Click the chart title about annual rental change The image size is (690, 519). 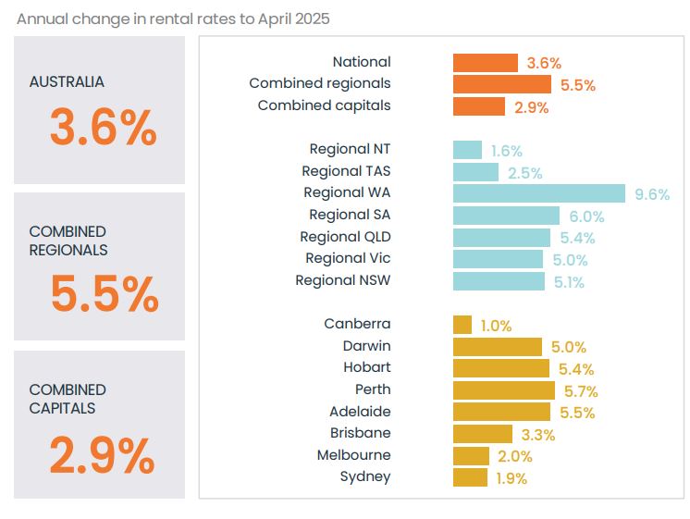pos(173,19)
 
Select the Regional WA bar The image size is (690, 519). pos(539,192)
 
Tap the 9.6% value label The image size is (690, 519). pos(651,194)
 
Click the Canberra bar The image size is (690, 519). pos(462,325)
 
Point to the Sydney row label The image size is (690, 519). pos(365,476)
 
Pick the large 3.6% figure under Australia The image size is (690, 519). pos(103,128)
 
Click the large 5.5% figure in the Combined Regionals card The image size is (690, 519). pos(104,294)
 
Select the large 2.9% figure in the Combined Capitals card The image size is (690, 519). pos(102,454)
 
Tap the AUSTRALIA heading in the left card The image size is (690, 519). pos(67,81)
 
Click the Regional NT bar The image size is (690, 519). pos(467,150)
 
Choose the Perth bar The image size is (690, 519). pos(503,390)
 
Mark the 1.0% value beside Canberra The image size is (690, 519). pos(496,326)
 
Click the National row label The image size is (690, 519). pos(362,62)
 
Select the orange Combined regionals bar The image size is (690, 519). pos(502,84)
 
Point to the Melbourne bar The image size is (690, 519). pos(471,456)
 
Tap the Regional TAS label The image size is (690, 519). pos(346,171)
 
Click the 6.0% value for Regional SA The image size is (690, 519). pos(585,216)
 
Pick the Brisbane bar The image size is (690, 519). pos(482,434)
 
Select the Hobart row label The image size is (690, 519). pos(366,367)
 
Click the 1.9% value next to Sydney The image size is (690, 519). pos(511,478)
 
